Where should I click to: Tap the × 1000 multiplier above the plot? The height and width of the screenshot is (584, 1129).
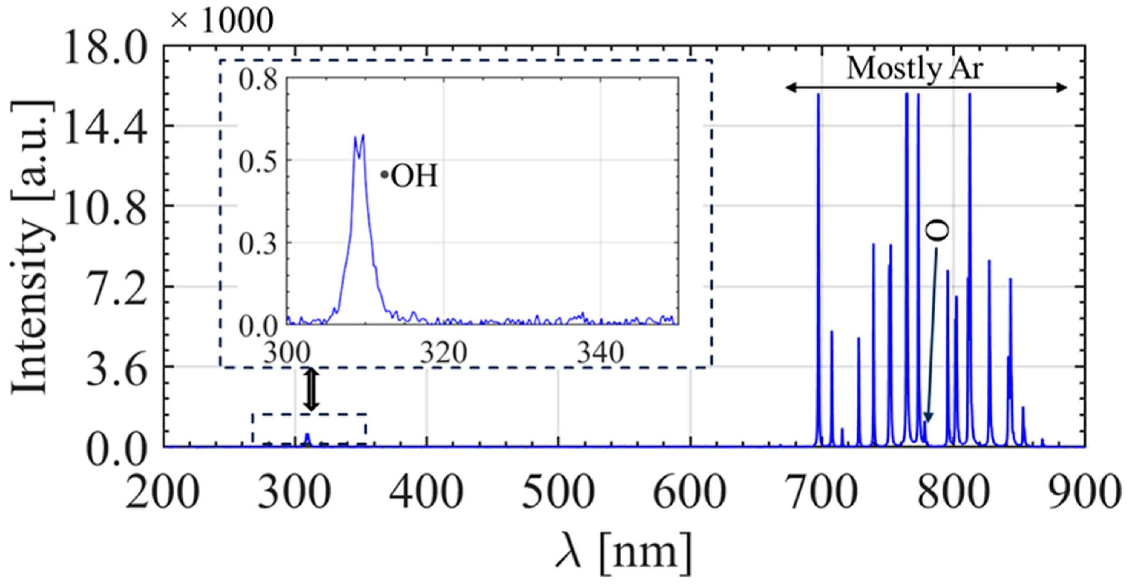coord(222,21)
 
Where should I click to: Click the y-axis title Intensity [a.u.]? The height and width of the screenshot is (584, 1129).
coord(30,248)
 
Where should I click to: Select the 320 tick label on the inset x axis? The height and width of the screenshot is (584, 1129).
coord(443,353)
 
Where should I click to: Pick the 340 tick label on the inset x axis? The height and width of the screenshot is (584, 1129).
coord(600,353)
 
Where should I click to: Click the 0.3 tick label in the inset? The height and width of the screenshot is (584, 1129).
coord(259,244)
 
